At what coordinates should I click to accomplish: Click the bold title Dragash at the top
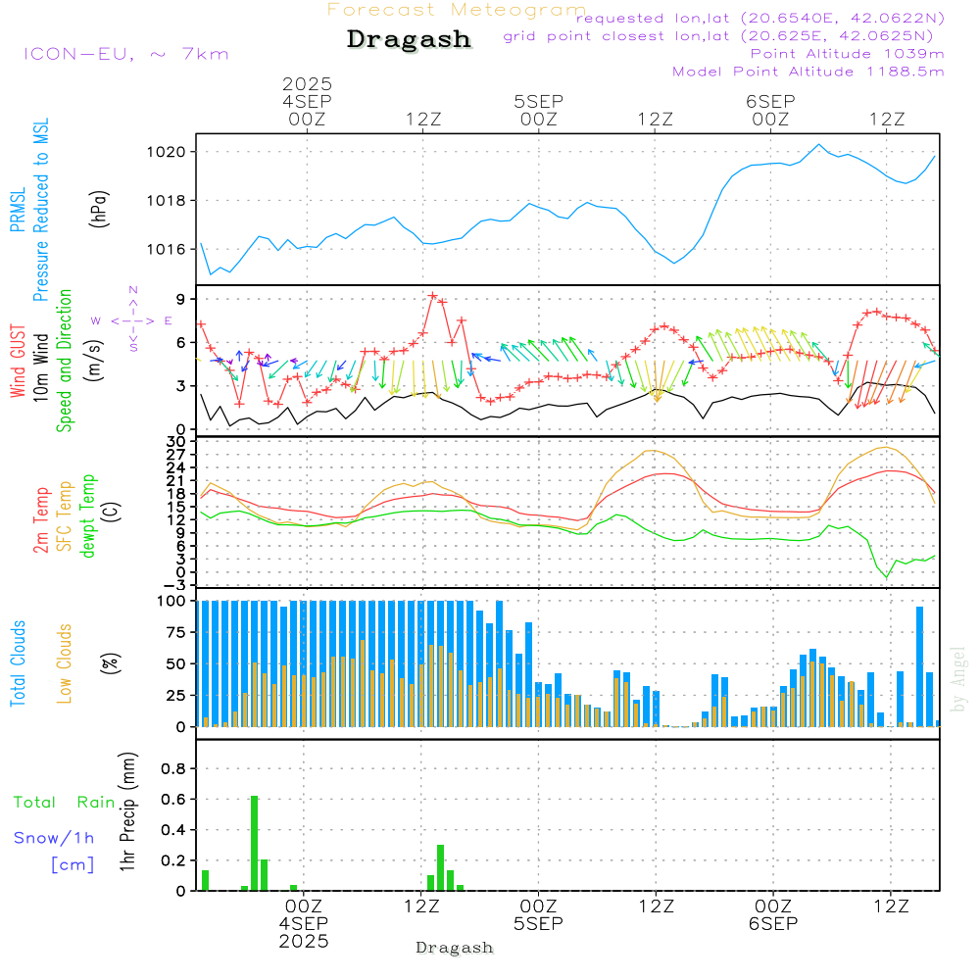[409, 40]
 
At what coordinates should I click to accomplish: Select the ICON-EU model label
[125, 53]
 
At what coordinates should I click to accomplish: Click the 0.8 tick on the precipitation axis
[173, 769]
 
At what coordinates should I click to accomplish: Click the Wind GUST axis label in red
[18, 364]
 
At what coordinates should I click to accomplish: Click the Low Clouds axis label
[65, 663]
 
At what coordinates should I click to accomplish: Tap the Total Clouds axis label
[18, 663]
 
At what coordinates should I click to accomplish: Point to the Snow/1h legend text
[55, 838]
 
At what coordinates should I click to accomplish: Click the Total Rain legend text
[64, 802]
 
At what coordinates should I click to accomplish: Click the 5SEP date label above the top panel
[538, 101]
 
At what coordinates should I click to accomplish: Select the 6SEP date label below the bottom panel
[772, 924]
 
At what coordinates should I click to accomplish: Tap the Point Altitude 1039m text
[847, 53]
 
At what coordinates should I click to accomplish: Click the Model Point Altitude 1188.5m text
[808, 71]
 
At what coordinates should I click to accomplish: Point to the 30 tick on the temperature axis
[179, 442]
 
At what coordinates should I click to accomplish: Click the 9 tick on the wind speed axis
[182, 299]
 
